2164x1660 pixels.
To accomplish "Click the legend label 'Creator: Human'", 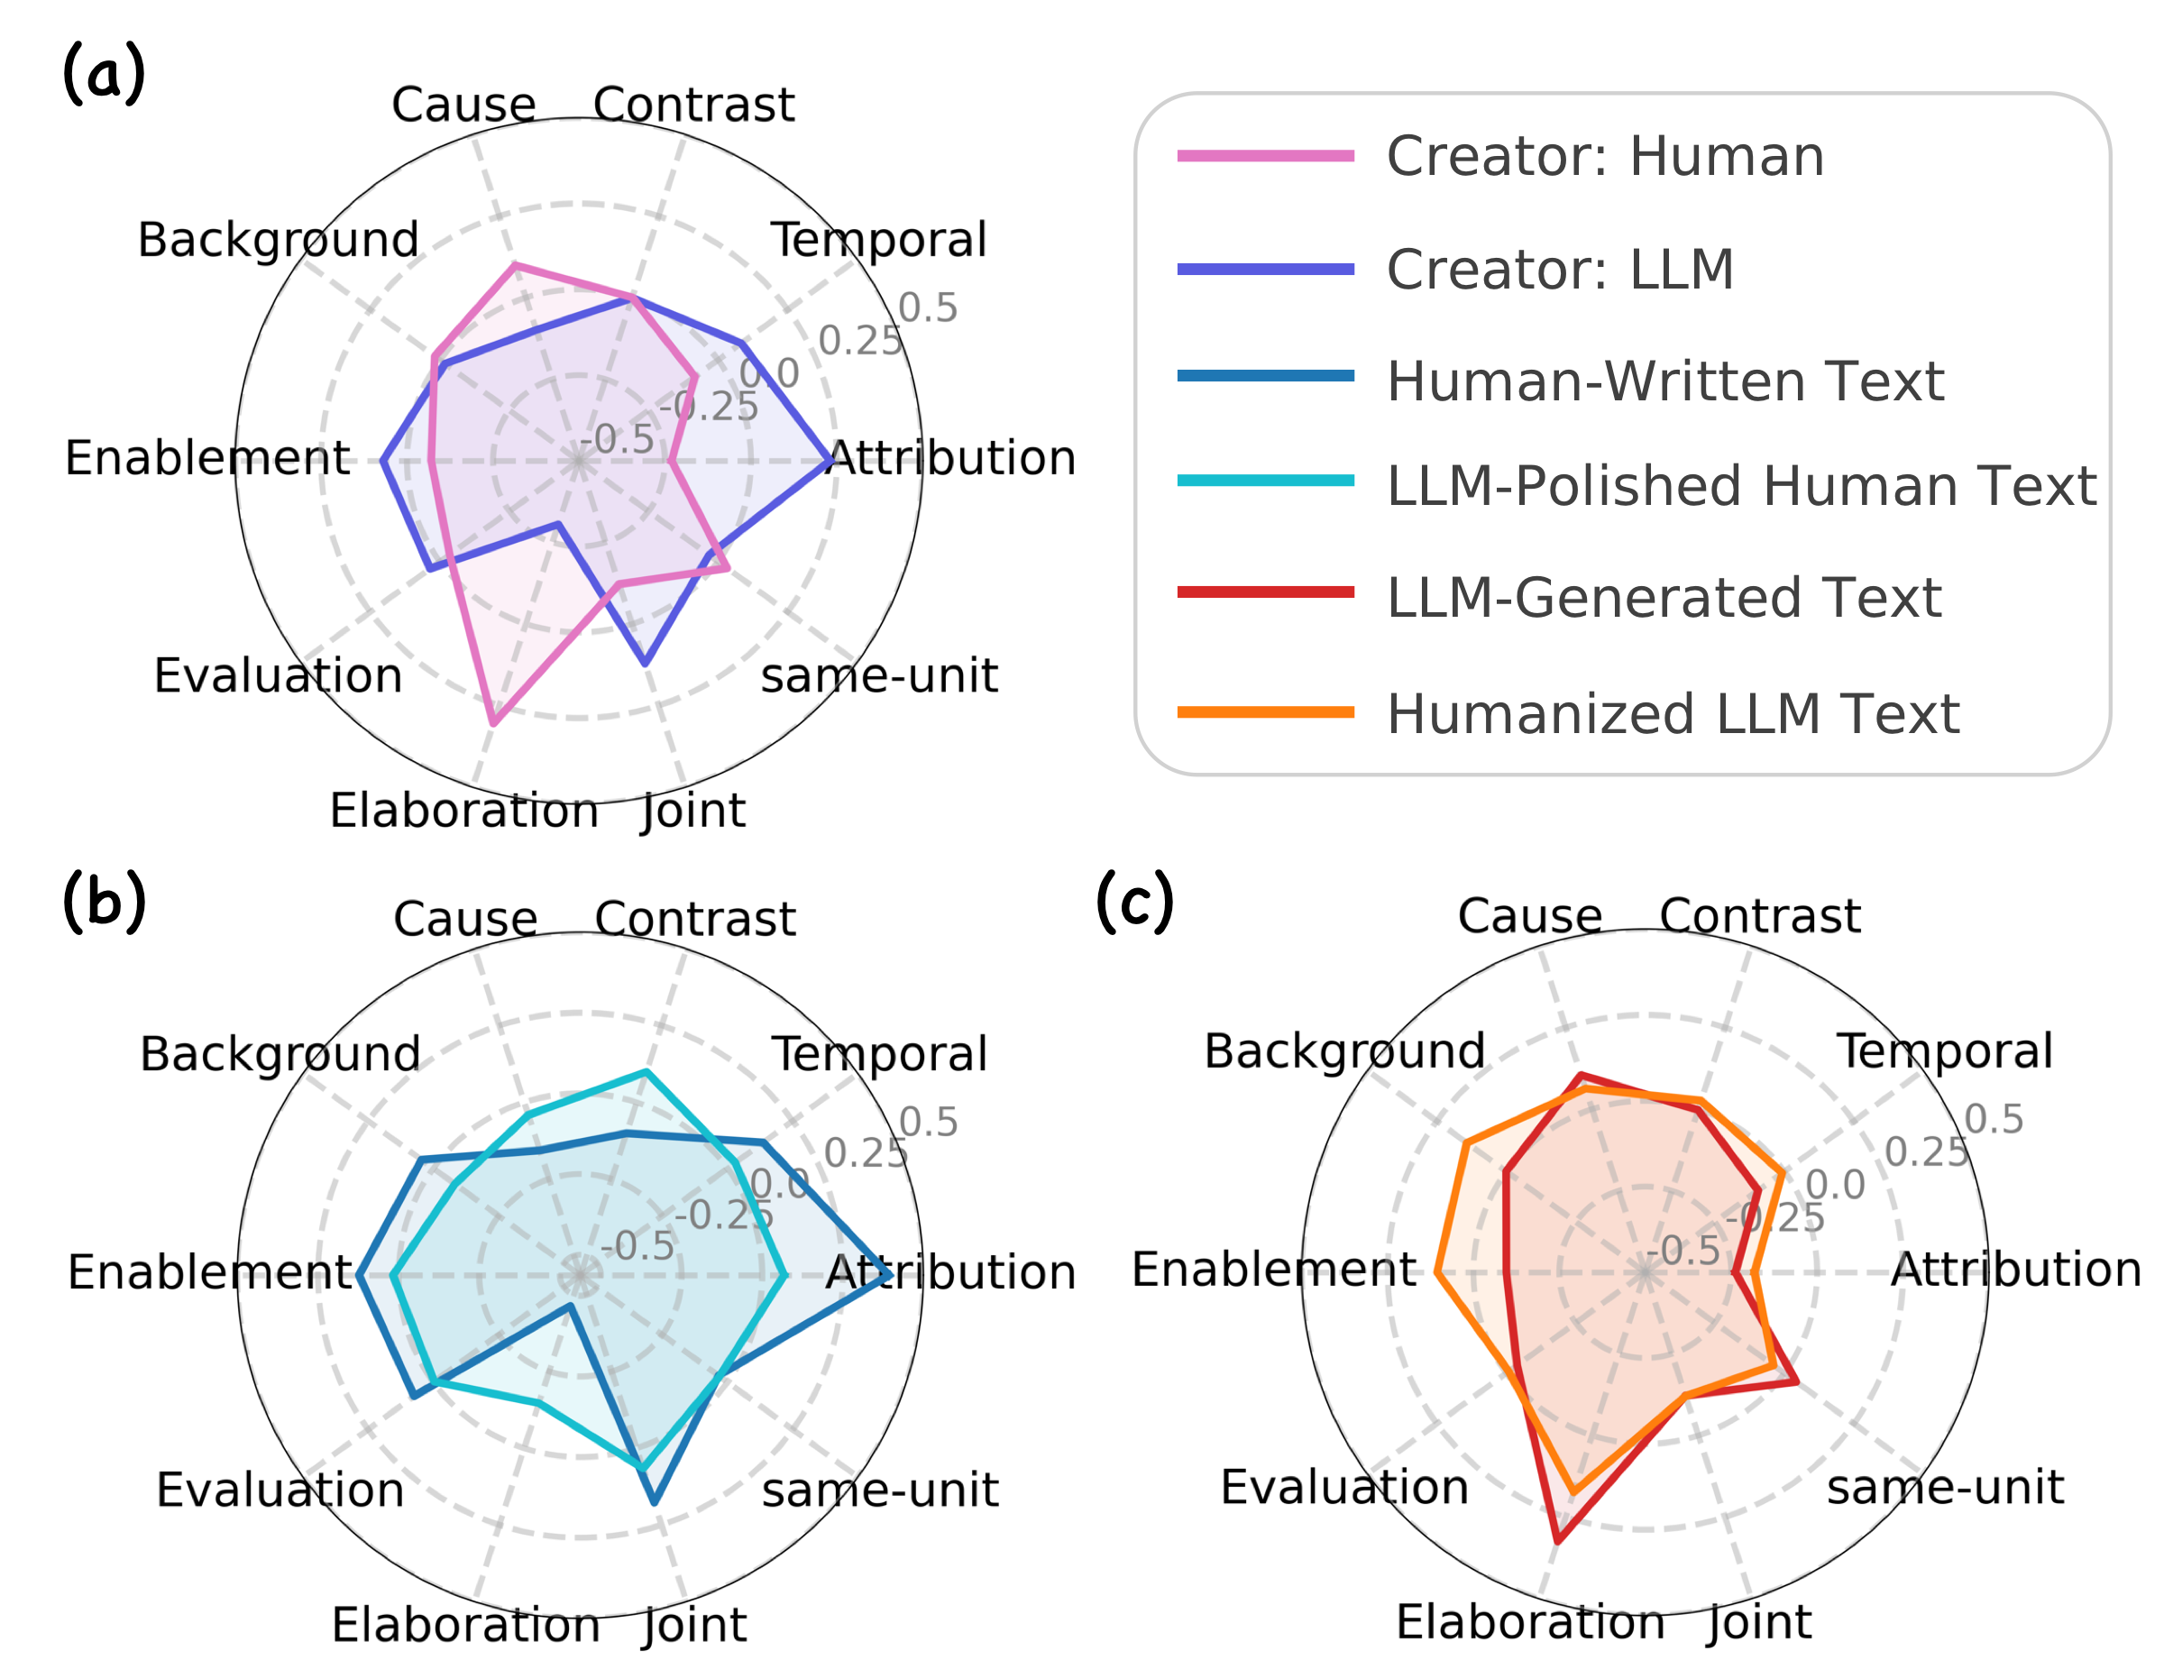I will coord(1604,156).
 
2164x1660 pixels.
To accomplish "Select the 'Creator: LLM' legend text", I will coord(1559,269).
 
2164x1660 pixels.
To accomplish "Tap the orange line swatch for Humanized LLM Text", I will coord(1264,712).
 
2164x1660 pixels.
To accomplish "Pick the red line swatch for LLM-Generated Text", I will coord(1264,592).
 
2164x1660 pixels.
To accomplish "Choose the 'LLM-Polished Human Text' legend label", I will coord(1740,486).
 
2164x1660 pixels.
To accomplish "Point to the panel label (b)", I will coord(104,901).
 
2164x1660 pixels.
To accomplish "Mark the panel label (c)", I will coord(1134,901).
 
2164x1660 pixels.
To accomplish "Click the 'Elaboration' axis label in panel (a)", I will coord(463,812).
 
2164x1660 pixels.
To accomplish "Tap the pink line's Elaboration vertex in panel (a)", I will coord(493,723).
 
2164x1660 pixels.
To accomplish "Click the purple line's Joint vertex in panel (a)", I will coord(646,663).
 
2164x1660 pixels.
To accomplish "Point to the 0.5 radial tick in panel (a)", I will coord(927,308).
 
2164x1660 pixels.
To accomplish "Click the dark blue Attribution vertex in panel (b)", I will coord(889,1276).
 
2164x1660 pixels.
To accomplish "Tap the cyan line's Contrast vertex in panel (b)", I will coord(646,1071).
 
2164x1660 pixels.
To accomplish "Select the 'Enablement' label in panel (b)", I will coord(208,1272).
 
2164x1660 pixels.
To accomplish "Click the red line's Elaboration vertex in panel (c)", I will coord(1557,1540).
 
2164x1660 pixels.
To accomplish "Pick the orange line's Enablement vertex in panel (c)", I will coord(1436,1272).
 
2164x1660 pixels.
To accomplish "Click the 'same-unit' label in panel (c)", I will coord(1944,1487).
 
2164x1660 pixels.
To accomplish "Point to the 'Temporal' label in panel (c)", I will coord(1944,1051).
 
